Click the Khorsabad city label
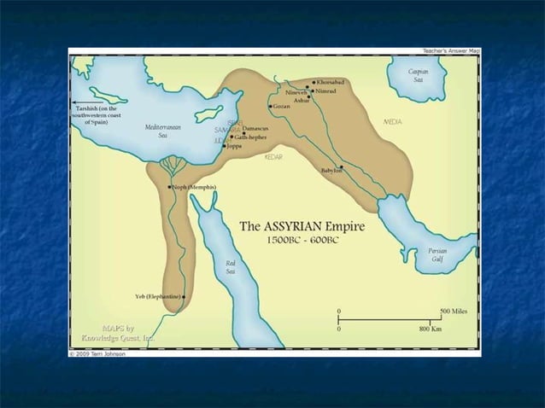click(x=330, y=83)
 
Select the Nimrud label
click(x=326, y=90)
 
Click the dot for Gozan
click(x=270, y=107)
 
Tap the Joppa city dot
click(x=225, y=146)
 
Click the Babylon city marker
click(x=342, y=166)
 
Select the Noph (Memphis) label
click(x=195, y=187)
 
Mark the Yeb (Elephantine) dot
click(x=183, y=296)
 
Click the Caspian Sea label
click(x=419, y=76)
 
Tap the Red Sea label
click(x=231, y=267)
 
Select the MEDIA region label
click(x=394, y=122)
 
